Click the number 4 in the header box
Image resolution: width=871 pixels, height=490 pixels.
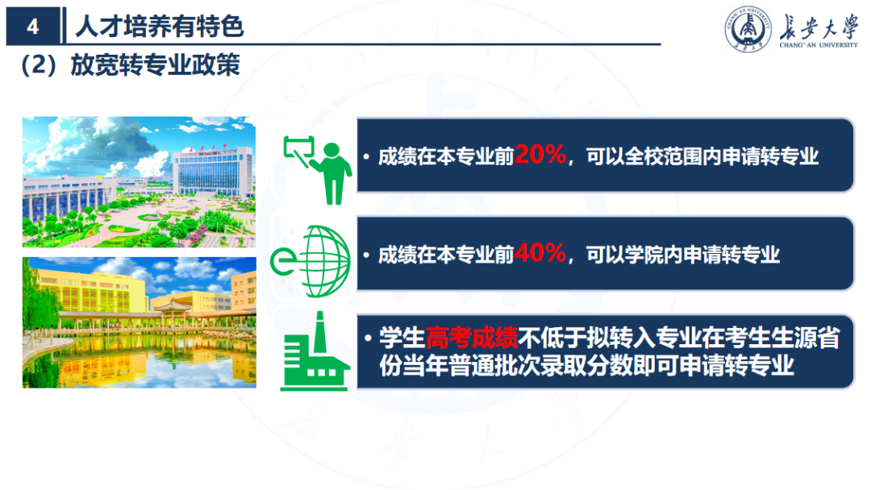(x=32, y=27)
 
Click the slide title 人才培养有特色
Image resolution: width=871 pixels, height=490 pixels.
(x=159, y=27)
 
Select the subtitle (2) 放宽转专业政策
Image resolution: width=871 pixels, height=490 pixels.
(x=130, y=65)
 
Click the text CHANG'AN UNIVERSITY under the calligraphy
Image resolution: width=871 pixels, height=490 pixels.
(x=819, y=47)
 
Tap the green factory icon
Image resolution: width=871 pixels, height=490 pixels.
(x=315, y=355)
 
